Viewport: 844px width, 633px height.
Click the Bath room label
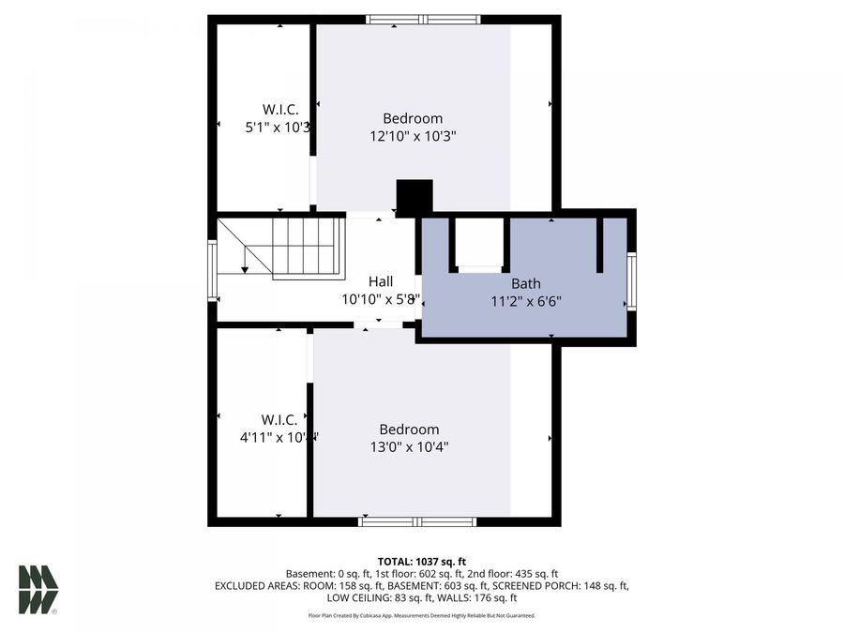525,283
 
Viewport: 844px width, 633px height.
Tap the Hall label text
380,281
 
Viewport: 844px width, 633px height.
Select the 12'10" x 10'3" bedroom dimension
413,136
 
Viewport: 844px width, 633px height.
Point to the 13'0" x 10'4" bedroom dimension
409,447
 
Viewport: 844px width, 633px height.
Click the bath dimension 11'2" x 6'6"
525,301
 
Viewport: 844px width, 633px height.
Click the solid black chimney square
414,197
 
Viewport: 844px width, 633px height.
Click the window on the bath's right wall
632,281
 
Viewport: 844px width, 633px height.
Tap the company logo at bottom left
38,590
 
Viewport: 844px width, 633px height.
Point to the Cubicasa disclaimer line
422,615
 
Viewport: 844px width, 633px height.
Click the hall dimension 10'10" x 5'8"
380,300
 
